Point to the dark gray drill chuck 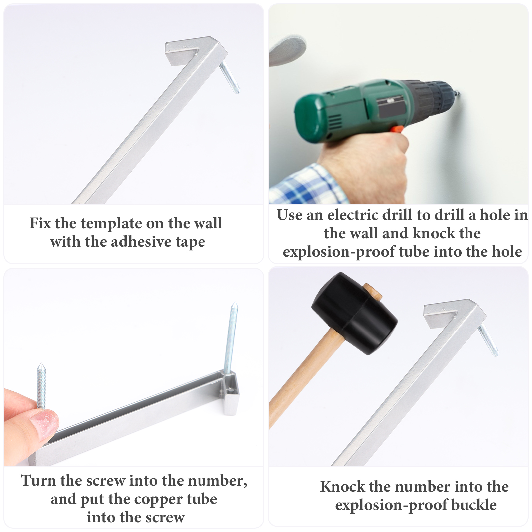tap(432, 100)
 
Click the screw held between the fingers tap(41, 386)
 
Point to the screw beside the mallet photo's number tap(488, 340)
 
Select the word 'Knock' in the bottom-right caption tap(342, 487)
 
